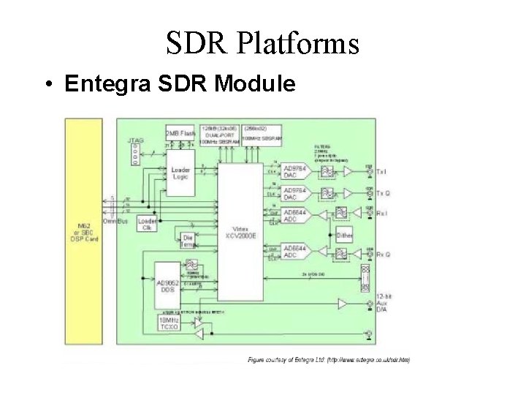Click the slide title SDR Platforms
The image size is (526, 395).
262,43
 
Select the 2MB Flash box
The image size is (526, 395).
180,133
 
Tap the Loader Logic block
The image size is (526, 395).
181,173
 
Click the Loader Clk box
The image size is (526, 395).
148,225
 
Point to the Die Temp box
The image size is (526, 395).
188,241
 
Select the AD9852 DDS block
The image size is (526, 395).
168,286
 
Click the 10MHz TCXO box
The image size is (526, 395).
169,323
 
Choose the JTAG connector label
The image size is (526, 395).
135,139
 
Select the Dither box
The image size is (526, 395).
345,236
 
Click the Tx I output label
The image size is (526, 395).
381,172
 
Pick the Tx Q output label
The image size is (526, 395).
382,193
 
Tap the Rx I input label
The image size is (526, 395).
381,214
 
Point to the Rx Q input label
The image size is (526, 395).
382,255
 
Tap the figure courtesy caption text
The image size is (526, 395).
329,359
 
